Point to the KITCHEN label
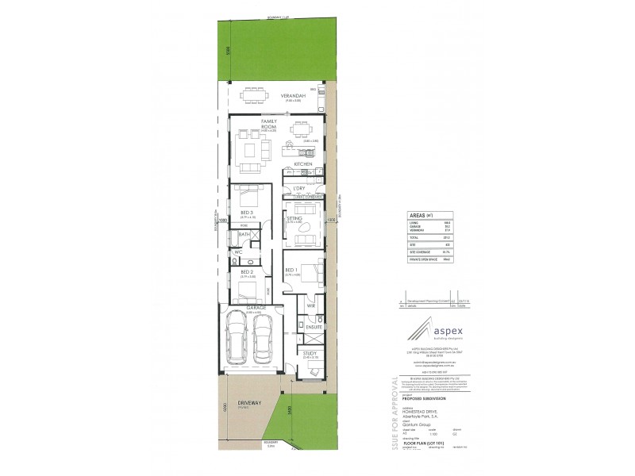(303, 163)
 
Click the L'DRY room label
(299, 188)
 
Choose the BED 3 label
(246, 213)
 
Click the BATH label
(244, 235)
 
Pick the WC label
(237, 251)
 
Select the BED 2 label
(246, 272)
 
